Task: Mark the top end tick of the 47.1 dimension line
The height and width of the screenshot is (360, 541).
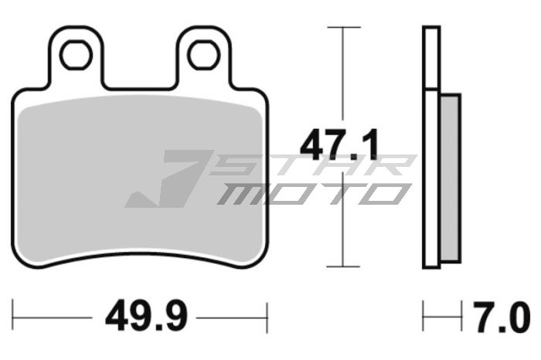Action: pyautogui.click(x=343, y=27)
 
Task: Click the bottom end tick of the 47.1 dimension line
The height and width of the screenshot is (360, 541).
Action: pyautogui.click(x=343, y=267)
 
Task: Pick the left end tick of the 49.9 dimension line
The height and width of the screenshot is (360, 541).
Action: pyautogui.click(x=15, y=318)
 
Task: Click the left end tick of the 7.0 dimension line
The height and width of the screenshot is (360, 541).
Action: pyautogui.click(x=424, y=318)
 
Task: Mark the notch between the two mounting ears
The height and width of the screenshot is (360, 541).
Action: pyautogui.click(x=140, y=77)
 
